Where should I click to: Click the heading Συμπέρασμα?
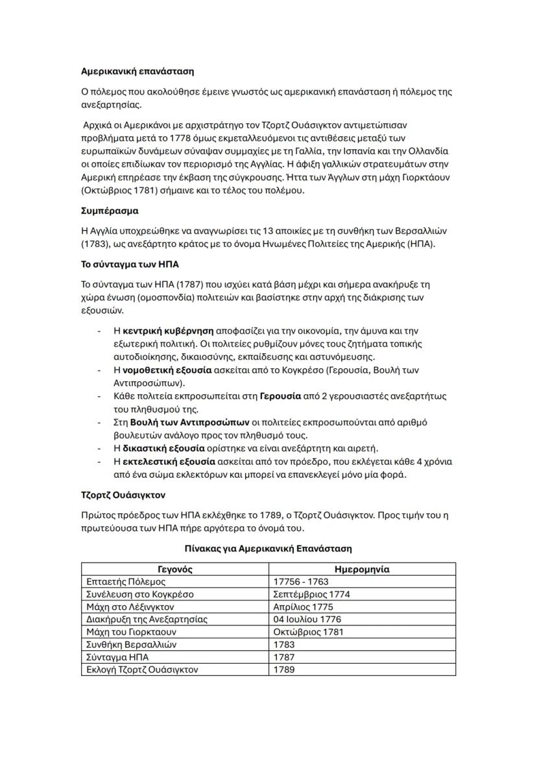[109, 211]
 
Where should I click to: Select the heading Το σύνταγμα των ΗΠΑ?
[129, 266]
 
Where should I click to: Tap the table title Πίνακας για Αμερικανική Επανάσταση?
[268, 548]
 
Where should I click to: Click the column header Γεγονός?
[175, 569]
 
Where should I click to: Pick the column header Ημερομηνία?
[361, 569]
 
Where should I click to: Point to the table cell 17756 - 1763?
[301, 582]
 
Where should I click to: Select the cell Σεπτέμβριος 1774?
[311, 594]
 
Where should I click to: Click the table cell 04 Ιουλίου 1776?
[307, 619]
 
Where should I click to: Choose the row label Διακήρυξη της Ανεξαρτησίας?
[147, 619]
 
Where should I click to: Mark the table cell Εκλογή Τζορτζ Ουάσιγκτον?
[142, 670]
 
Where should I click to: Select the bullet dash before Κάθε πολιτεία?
[99, 396]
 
